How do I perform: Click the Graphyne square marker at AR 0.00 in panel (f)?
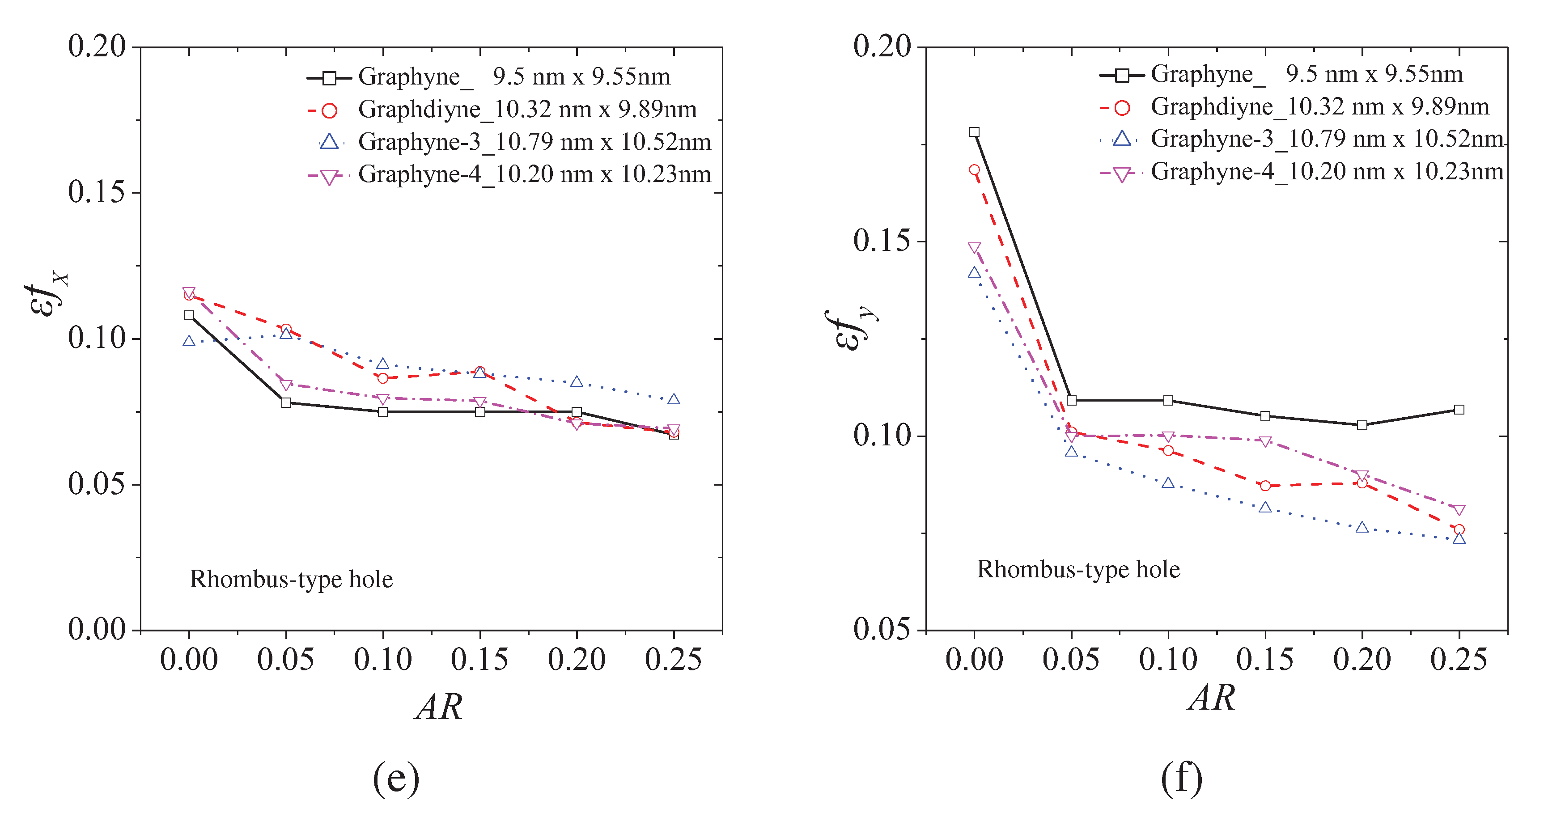975,132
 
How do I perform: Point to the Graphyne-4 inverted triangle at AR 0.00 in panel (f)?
975,248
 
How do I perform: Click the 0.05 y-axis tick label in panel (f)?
882,629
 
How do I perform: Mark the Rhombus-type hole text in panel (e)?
291,580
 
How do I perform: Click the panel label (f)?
1181,779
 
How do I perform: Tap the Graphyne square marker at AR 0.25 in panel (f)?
1459,410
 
